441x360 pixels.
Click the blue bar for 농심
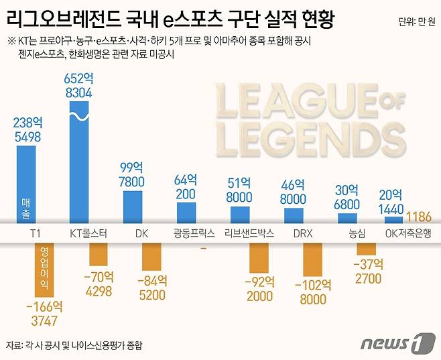pos(347,219)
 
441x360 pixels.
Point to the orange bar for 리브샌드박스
pos(259,256)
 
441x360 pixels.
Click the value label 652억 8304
pos(78,86)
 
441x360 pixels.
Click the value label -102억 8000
pos(312,292)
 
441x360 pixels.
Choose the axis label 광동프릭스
pos(194,233)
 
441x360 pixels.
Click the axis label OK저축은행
pos(408,233)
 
